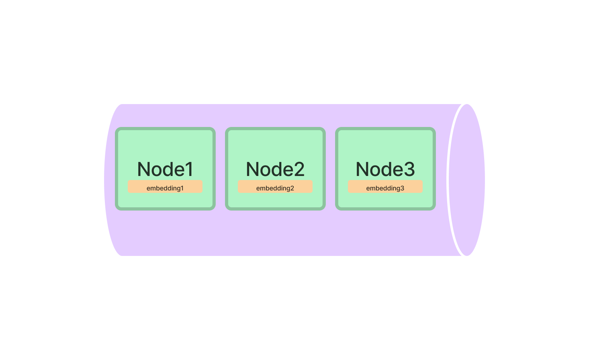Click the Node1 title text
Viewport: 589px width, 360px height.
(165, 169)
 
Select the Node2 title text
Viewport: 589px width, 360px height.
(275, 169)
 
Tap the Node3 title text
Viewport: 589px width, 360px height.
(385, 169)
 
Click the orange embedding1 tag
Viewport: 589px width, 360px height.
(165, 187)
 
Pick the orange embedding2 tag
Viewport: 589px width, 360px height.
(275, 187)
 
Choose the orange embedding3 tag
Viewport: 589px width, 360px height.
(385, 187)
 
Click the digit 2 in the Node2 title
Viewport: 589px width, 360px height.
(298, 169)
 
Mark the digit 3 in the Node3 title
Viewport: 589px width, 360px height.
(408, 169)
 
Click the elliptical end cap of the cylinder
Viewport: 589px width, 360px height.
(467, 180)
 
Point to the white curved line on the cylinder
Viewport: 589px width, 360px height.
(448, 180)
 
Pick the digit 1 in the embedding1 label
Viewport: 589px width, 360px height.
(182, 188)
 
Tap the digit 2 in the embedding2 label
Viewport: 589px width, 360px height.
(292, 188)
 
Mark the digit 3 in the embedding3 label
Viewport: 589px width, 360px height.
(402, 188)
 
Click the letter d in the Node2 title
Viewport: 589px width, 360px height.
(278, 169)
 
